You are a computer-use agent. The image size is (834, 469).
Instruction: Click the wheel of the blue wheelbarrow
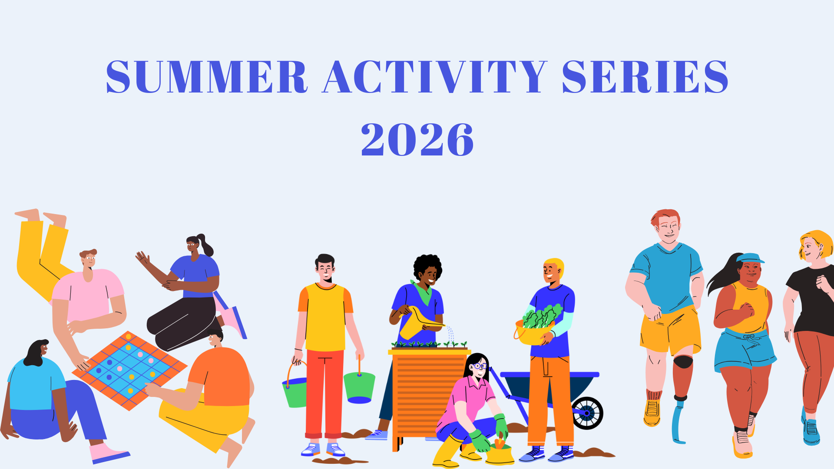pos(587,413)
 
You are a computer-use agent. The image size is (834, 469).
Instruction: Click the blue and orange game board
pos(129,370)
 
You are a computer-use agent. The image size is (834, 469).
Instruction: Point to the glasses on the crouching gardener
pos(480,366)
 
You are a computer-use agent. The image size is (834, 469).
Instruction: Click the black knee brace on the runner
pos(683,362)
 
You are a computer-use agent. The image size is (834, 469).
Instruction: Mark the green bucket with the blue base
pos(359,386)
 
